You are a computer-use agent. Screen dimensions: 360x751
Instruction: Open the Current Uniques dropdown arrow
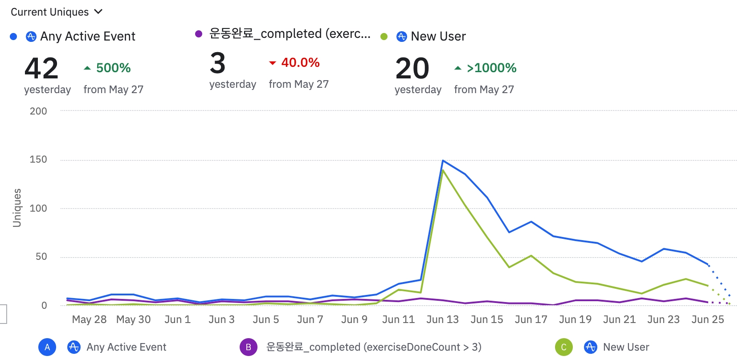pyautogui.click(x=98, y=12)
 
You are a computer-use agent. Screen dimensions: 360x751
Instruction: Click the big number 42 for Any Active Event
pyautogui.click(x=41, y=68)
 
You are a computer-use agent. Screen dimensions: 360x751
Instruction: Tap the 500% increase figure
pyautogui.click(x=113, y=68)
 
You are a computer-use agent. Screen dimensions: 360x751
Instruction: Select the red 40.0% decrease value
pyautogui.click(x=300, y=62)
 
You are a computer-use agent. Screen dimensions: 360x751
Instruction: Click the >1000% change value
pyautogui.click(x=491, y=68)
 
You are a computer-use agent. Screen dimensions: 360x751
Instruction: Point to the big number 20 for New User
pyautogui.click(x=412, y=68)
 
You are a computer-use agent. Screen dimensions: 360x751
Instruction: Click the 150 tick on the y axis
pyautogui.click(x=38, y=160)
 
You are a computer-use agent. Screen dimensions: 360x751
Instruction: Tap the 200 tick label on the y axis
pyautogui.click(x=38, y=111)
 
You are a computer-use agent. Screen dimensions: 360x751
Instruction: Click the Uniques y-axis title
pyautogui.click(x=17, y=208)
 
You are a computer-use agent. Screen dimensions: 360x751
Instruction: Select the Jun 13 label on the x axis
pyautogui.click(x=442, y=319)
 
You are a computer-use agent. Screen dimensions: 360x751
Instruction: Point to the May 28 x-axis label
pyautogui.click(x=89, y=319)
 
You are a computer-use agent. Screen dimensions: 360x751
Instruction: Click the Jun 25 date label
pyautogui.click(x=707, y=319)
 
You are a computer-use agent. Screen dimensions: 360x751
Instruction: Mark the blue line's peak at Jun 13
pyautogui.click(x=443, y=160)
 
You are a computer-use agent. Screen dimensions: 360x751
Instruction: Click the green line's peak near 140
pyautogui.click(x=443, y=170)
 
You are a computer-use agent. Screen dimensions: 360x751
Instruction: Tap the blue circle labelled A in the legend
pyautogui.click(x=47, y=347)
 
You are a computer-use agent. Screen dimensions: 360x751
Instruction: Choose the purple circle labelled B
pyautogui.click(x=249, y=347)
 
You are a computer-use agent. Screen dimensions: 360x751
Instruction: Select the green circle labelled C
pyautogui.click(x=563, y=347)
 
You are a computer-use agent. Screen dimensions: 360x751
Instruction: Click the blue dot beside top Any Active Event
pyautogui.click(x=13, y=37)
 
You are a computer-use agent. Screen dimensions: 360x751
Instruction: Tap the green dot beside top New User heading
pyautogui.click(x=384, y=37)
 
